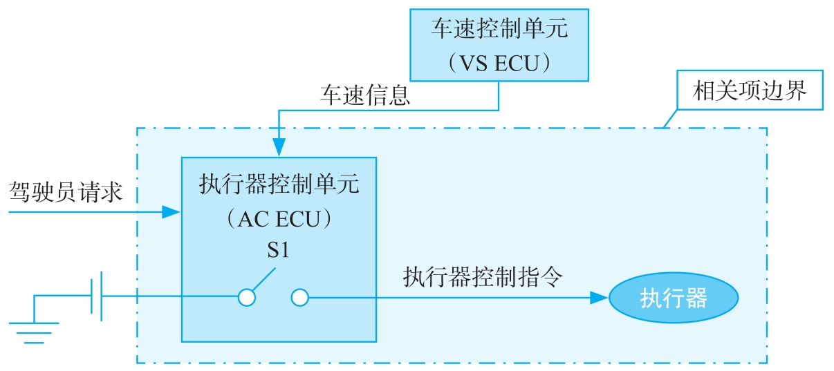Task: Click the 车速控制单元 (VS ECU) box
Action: coord(499,45)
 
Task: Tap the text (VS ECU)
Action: coord(499,64)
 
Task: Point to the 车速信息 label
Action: coord(364,95)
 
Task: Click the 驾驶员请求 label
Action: coord(66,191)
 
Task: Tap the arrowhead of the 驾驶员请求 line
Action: coord(172,212)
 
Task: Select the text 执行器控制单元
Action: coord(279,185)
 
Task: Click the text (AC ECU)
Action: coord(279,220)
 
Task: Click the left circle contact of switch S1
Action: coord(247,298)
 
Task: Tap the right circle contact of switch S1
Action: coord(299,298)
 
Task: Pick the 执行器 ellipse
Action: coord(674,298)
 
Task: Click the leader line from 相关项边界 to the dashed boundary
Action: coord(669,119)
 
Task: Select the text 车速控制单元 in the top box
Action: coord(499,28)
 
